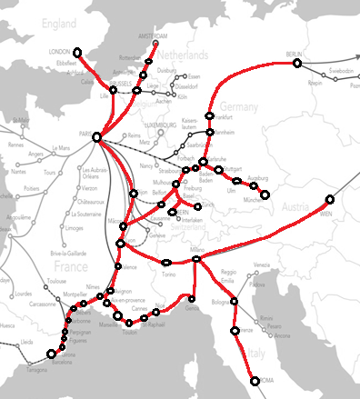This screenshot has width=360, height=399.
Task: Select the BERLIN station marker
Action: (x=297, y=63)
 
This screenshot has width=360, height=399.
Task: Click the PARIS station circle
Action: (x=96, y=136)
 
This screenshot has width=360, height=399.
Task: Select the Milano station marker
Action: (x=196, y=261)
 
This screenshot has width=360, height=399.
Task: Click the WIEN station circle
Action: (x=330, y=199)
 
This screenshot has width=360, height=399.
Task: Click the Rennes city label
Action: (x=15, y=145)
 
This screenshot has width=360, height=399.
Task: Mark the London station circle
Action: (x=77, y=52)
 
